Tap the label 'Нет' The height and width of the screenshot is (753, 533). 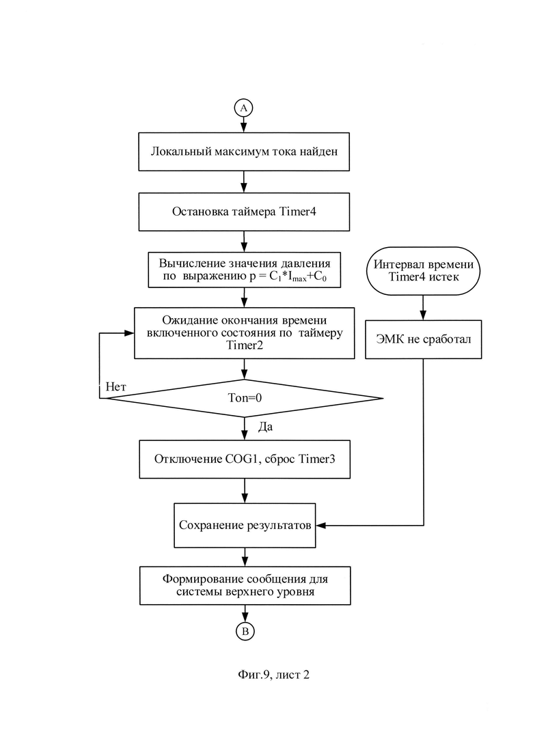pos(116,387)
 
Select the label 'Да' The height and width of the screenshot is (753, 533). pos(265,427)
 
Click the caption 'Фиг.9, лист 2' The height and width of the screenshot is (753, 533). pos(273,674)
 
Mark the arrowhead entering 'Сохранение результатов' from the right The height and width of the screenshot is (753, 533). pos(321,526)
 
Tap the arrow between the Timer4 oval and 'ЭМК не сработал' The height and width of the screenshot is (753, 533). pos(424,307)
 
